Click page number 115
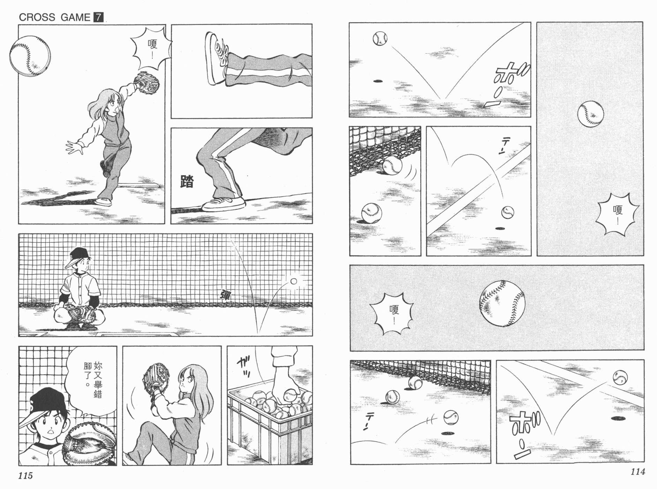coord(25,475)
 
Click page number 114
coord(637,472)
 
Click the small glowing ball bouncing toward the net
coord(294,281)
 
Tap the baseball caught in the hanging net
coord(392,165)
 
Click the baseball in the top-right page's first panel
coord(380,38)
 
